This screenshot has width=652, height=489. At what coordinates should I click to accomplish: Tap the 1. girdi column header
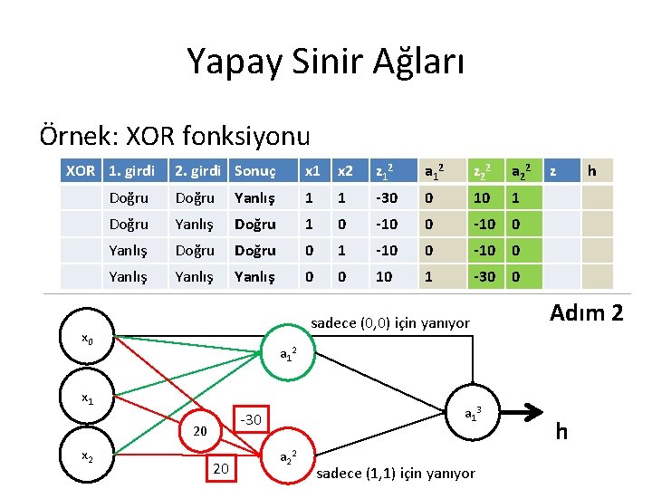coord(131,170)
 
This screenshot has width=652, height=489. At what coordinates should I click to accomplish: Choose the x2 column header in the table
coord(346,170)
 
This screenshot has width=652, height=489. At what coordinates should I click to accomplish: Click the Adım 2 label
coord(587,313)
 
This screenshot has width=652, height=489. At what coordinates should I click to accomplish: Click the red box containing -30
coord(251,419)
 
